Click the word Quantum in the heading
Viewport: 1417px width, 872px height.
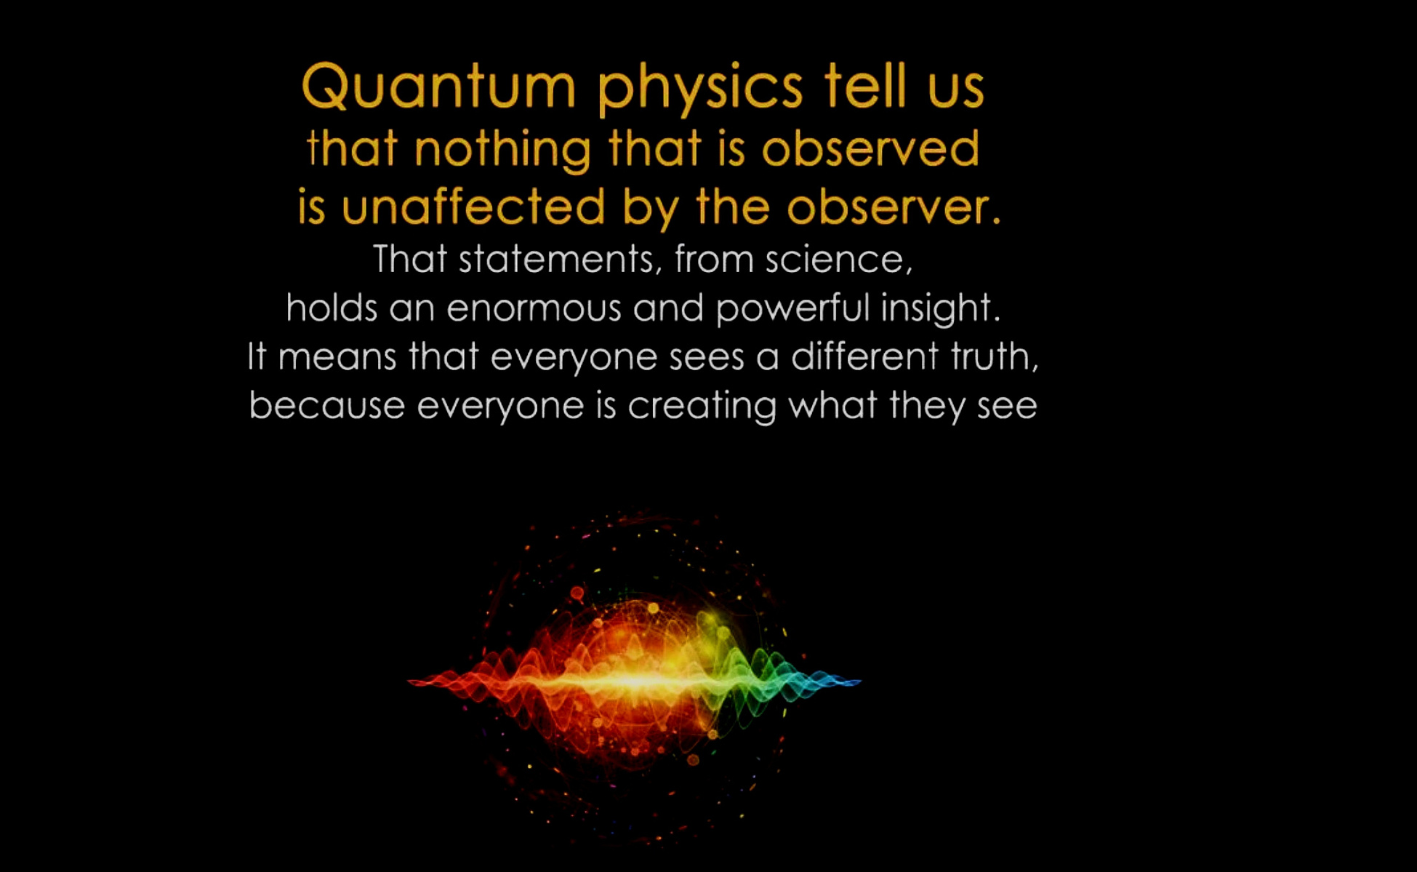[x=438, y=87]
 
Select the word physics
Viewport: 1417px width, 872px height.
[x=700, y=89]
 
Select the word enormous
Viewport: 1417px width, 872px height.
[x=534, y=308]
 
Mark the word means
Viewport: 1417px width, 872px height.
[x=337, y=357]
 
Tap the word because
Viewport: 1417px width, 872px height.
[x=326, y=404]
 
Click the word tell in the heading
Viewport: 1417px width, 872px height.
[x=865, y=86]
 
